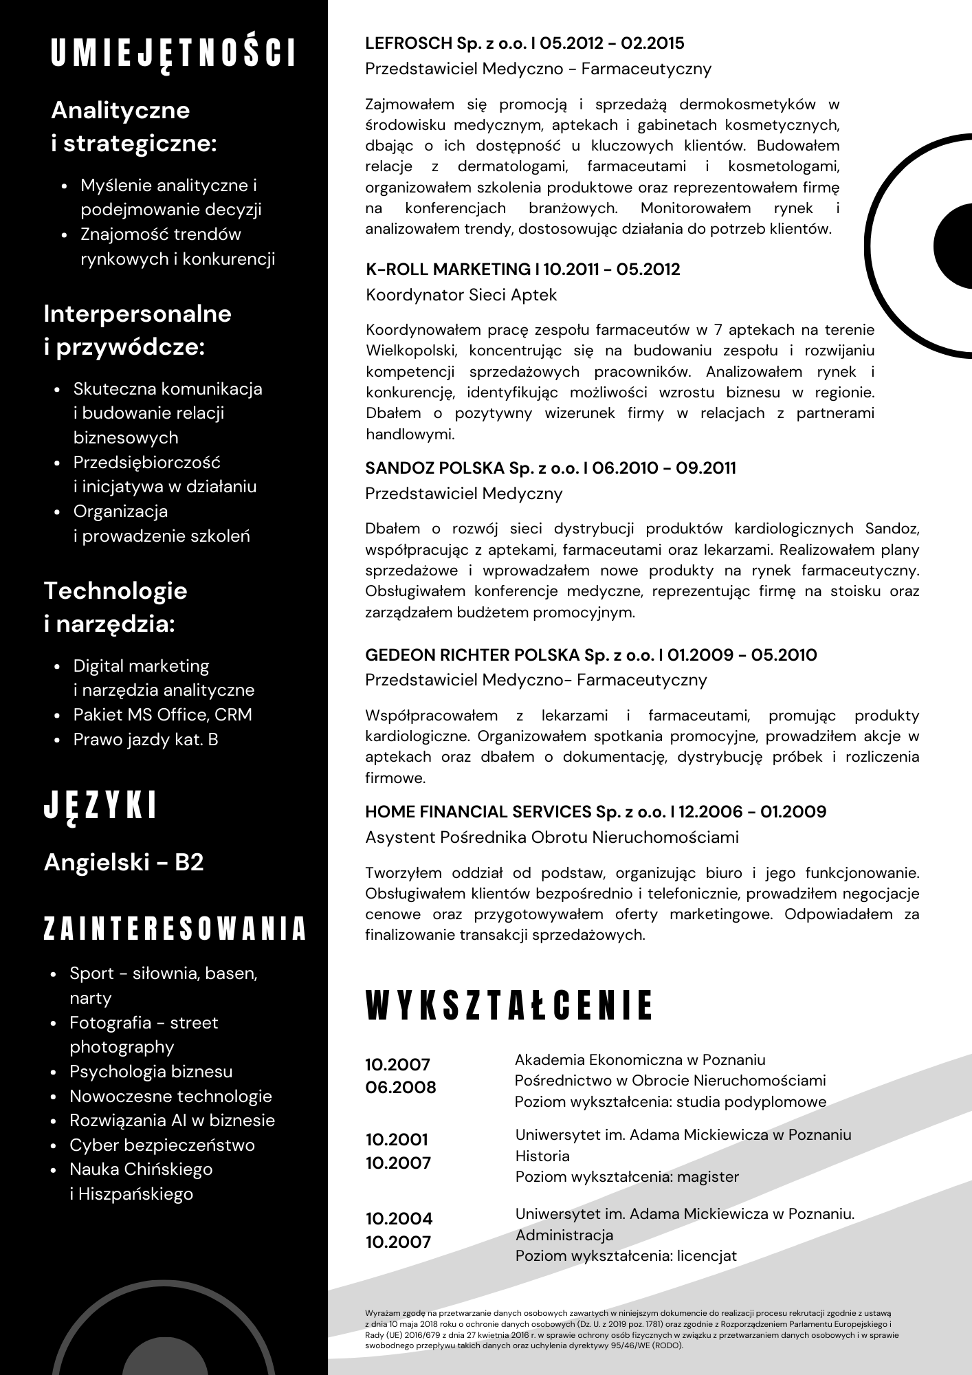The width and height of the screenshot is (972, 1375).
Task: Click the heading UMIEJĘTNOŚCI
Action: click(x=174, y=54)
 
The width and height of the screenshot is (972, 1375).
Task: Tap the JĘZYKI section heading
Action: click(x=100, y=806)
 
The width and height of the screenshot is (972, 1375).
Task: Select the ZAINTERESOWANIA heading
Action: click(x=175, y=928)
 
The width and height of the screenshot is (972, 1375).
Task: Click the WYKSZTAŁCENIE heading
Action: click(x=509, y=1006)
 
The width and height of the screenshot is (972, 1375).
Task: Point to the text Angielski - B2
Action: click(x=124, y=862)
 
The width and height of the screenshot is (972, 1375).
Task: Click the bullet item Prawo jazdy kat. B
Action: click(x=146, y=739)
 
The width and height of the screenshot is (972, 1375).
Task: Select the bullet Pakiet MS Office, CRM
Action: click(x=162, y=714)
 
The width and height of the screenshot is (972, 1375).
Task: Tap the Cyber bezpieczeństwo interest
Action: click(x=162, y=1145)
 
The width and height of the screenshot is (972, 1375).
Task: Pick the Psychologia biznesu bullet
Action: click(x=151, y=1071)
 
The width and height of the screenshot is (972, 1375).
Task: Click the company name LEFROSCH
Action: click(x=409, y=43)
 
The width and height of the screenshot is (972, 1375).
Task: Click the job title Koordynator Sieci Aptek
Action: click(x=461, y=295)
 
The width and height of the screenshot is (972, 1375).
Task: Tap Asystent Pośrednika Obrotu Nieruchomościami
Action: click(x=551, y=837)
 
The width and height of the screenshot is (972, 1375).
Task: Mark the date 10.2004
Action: click(x=399, y=1219)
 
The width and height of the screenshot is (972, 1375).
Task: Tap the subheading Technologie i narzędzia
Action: click(x=115, y=607)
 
